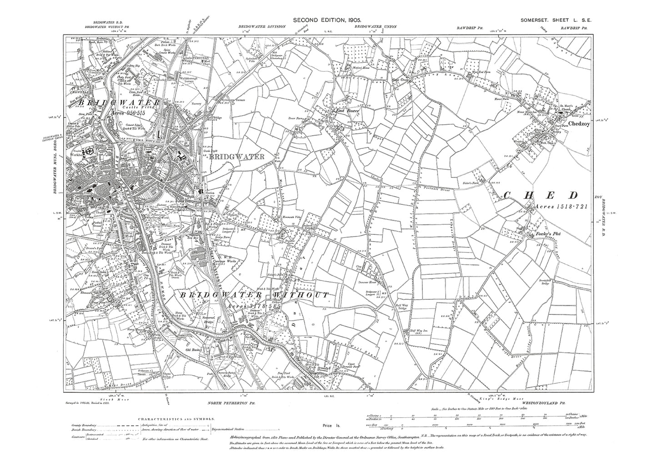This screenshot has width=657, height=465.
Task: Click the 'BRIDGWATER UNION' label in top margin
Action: pyautogui.click(x=376, y=26)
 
